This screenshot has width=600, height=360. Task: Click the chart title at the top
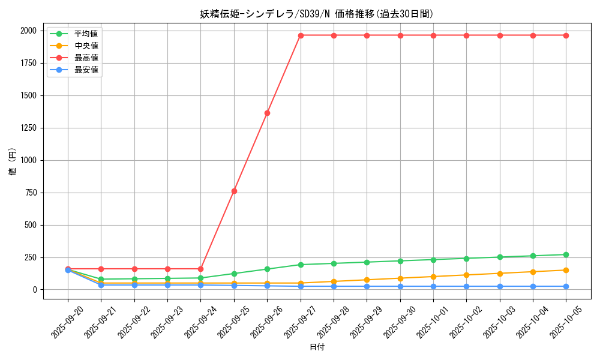pyautogui.click(x=317, y=14)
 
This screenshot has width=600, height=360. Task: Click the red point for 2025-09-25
pyautogui.click(x=234, y=191)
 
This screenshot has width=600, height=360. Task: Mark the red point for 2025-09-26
pyautogui.click(x=267, y=113)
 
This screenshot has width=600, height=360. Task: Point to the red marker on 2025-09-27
pyautogui.click(x=301, y=35)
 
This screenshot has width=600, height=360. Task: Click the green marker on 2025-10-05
pyautogui.click(x=566, y=254)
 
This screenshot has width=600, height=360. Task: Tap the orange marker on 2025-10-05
pyautogui.click(x=566, y=270)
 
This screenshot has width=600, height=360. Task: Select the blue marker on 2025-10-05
pyautogui.click(x=566, y=286)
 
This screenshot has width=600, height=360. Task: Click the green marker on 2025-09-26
pyautogui.click(x=267, y=269)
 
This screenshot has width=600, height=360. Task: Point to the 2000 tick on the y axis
pyautogui.click(x=28, y=31)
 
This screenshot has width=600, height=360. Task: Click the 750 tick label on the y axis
pyautogui.click(x=30, y=193)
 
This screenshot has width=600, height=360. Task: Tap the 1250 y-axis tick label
pyautogui.click(x=28, y=128)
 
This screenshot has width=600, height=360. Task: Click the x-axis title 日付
pyautogui.click(x=317, y=347)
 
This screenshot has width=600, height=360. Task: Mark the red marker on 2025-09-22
pyautogui.click(x=134, y=269)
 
